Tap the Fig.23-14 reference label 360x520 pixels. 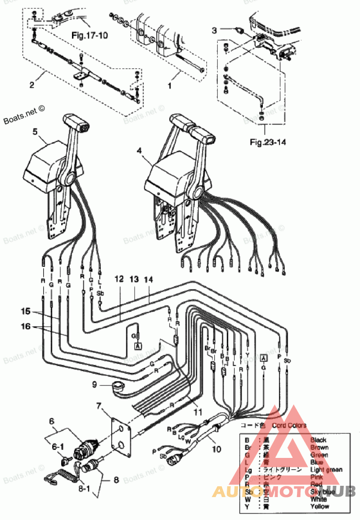pyautogui.click(x=269, y=142)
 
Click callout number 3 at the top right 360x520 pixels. pyautogui.click(x=215, y=30)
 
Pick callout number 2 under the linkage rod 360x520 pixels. pyautogui.click(x=32, y=84)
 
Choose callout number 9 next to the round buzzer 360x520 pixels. pyautogui.click(x=94, y=384)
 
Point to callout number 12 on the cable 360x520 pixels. pyautogui.click(x=118, y=279)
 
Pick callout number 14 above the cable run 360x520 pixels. pyautogui.click(x=148, y=279)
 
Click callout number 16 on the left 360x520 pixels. pyautogui.click(x=27, y=327)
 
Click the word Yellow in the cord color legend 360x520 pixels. pyautogui.click(x=319, y=506)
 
